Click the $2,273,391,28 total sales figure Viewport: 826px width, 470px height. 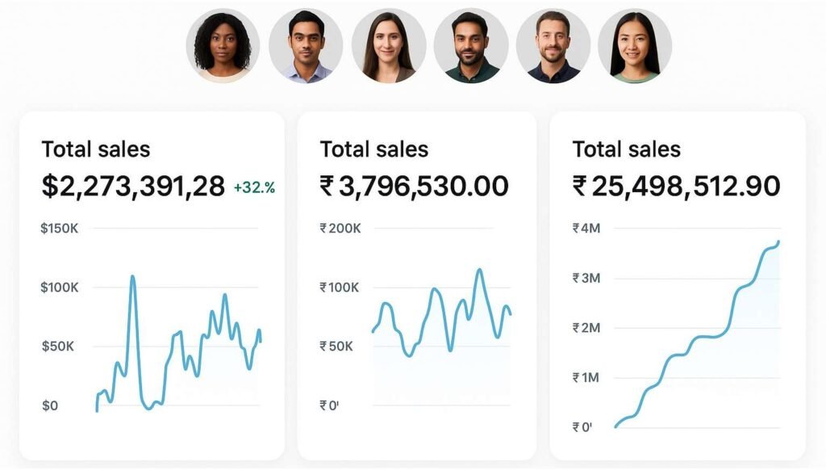[133, 187]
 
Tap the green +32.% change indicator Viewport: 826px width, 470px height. [254, 188]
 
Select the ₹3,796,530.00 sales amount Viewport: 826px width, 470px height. [414, 187]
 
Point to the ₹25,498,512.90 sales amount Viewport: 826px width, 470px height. [676, 187]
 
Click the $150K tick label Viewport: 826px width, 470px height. [59, 229]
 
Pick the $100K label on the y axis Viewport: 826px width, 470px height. [59, 287]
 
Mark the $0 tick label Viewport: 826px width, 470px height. [50, 405]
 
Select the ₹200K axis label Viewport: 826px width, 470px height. [340, 229]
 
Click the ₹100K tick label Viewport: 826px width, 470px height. [340, 287]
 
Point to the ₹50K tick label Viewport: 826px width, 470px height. [336, 346]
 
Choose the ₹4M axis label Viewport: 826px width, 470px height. [586, 229]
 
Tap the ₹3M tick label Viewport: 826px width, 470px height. [586, 279]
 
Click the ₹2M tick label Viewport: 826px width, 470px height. [586, 328]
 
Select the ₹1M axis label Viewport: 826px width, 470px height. [586, 377]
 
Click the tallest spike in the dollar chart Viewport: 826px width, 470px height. [132, 278]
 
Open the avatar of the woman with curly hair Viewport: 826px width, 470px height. [223, 46]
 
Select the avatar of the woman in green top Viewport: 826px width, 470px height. [635, 46]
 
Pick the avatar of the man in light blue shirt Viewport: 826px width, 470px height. [306, 46]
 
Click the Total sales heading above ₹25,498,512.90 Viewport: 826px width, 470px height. [626, 149]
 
